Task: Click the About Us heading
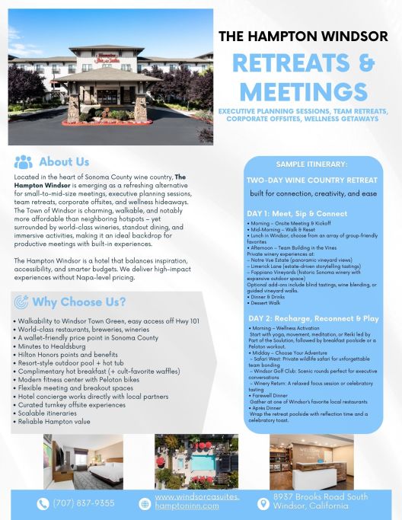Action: click(64, 162)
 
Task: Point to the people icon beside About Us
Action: click(24, 162)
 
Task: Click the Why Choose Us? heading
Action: click(79, 302)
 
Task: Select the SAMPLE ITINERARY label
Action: click(312, 164)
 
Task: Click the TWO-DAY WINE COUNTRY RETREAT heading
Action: click(311, 180)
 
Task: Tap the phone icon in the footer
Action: click(43, 503)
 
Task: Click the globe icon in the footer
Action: click(145, 503)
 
